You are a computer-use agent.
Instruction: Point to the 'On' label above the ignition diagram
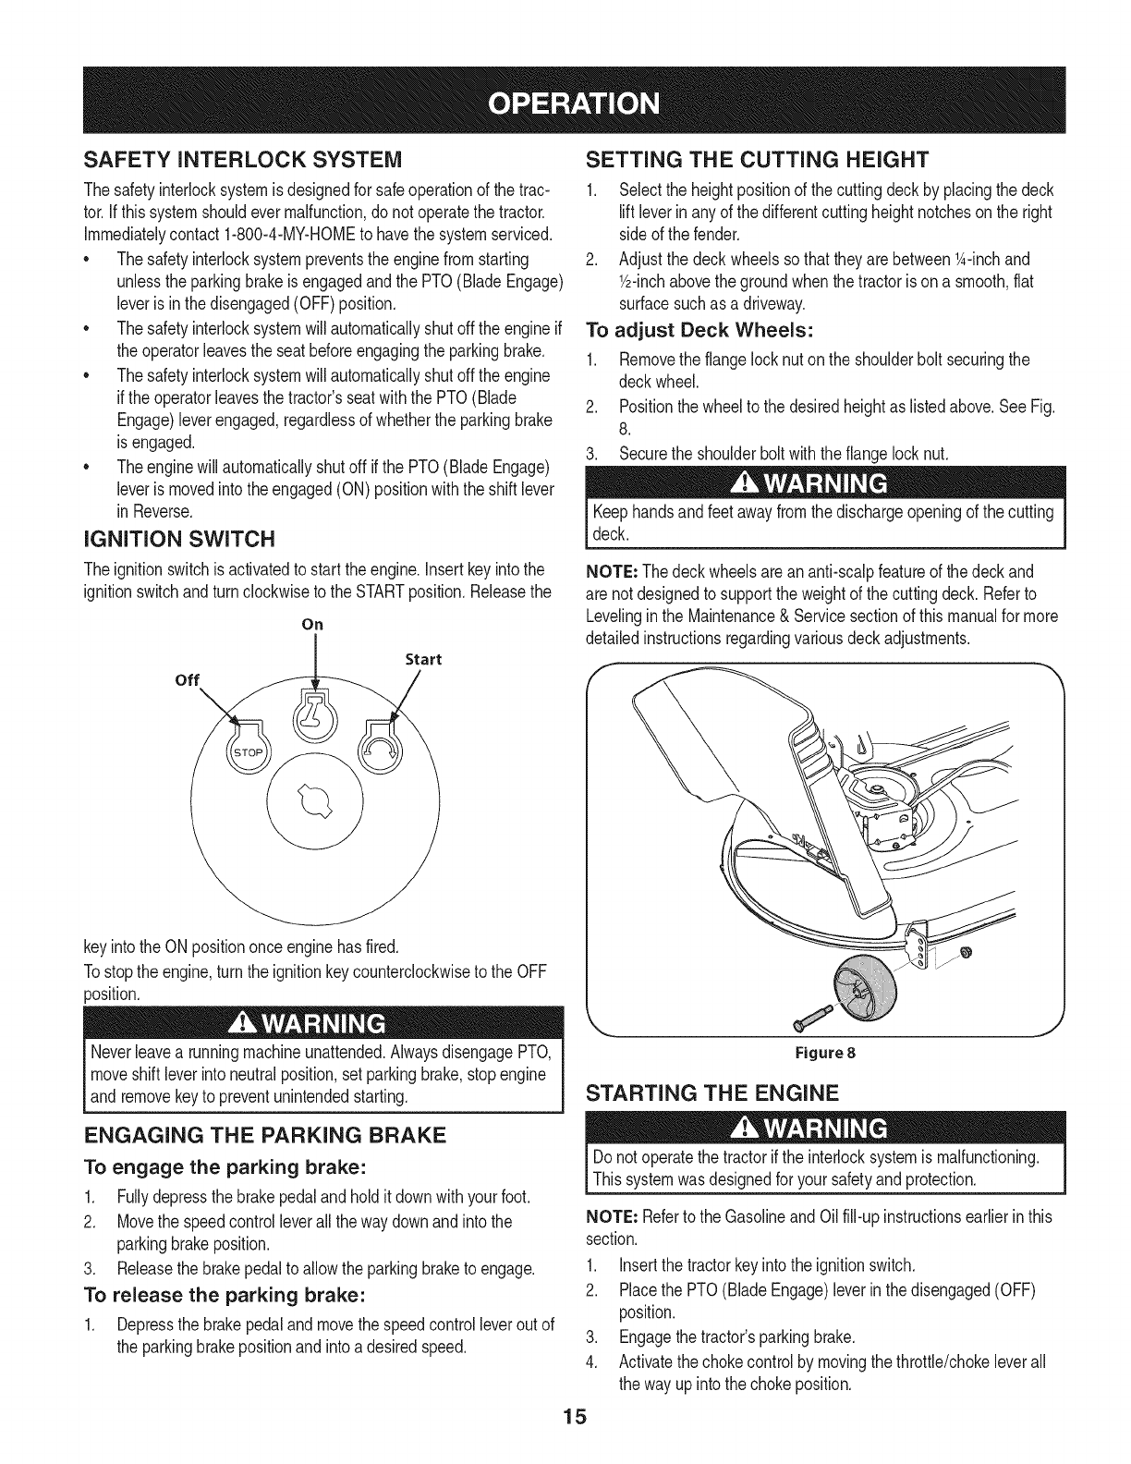(313, 624)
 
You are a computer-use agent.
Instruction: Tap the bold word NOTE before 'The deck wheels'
(612, 570)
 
